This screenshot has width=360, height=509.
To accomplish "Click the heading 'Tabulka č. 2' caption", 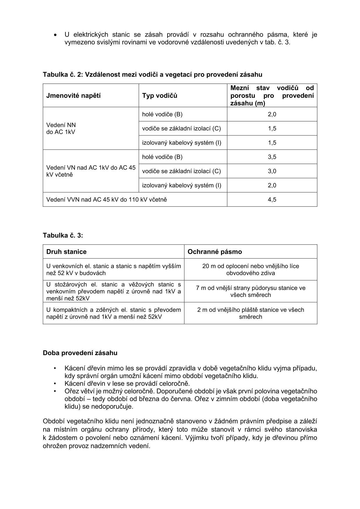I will (x=152, y=75).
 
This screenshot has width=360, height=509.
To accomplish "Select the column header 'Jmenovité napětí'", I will (x=73, y=96).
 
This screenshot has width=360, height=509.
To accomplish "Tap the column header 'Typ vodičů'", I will (x=160, y=96).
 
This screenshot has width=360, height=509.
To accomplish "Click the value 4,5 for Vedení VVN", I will (x=272, y=199).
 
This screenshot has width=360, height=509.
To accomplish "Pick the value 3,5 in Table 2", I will (x=272, y=157).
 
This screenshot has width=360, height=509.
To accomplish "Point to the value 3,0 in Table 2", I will (x=272, y=171).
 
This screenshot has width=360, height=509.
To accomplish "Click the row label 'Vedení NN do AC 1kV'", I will (x=61, y=128).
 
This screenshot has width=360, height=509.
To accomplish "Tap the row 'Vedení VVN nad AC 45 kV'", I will (x=107, y=199).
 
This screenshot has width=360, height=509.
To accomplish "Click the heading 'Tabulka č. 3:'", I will (x=63, y=235).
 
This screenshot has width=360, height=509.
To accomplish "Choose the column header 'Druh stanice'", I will (x=66, y=251).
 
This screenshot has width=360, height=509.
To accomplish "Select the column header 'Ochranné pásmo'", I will (x=215, y=251).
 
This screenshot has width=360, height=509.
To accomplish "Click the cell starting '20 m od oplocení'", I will (x=251, y=269).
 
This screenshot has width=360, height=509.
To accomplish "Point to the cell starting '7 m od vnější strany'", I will (x=251, y=291).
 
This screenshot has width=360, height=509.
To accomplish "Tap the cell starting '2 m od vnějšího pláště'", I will (x=251, y=313).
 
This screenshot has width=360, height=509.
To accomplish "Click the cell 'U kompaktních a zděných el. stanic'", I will (x=114, y=313).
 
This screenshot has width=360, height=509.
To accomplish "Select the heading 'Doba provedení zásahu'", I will (x=80, y=353).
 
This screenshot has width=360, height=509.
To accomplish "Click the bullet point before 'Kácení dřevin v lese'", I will (x=55, y=384).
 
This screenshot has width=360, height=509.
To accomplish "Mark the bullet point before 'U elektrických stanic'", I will (x=55, y=35).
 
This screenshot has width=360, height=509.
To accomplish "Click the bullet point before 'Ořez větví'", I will (x=55, y=391).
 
